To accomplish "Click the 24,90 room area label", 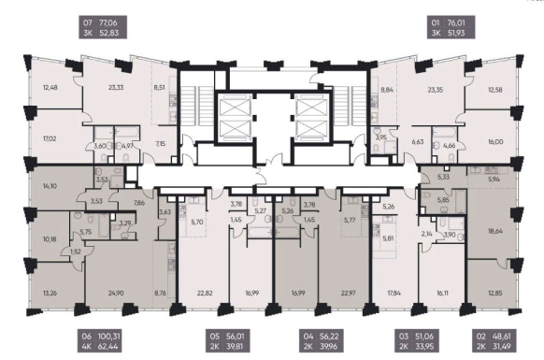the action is (116, 293).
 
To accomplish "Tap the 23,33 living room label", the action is (116, 88).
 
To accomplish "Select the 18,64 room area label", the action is (495, 231).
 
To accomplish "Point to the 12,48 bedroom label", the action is (50, 88).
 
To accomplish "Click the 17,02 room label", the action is (50, 138).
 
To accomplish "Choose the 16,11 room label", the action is (442, 293).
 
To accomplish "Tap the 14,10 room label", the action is (50, 186).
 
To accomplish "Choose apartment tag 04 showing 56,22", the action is (321, 341).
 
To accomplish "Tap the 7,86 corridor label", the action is (138, 204).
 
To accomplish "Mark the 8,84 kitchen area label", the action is (387, 90).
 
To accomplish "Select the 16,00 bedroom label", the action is (495, 142).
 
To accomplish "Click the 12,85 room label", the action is (495, 293).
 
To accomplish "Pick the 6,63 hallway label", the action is (418, 142).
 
